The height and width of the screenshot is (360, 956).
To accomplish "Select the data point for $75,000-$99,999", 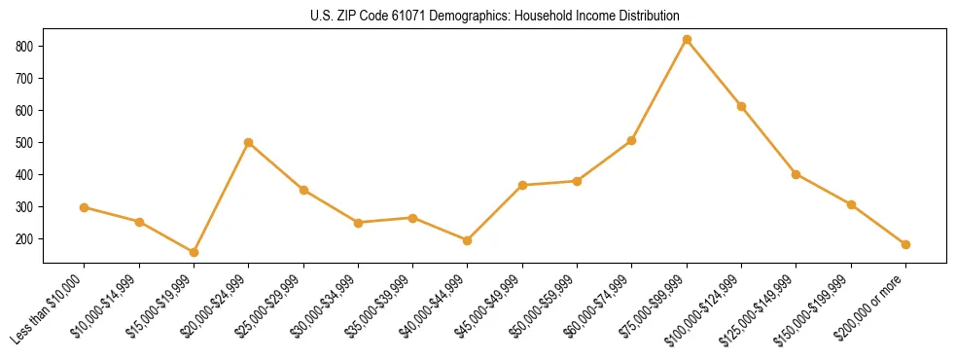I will (687, 40).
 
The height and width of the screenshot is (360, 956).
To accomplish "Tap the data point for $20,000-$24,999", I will (249, 142).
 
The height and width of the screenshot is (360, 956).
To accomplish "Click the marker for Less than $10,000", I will (85, 207).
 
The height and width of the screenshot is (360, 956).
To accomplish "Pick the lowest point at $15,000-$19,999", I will (194, 252).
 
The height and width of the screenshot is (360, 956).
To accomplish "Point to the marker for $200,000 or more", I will (905, 244).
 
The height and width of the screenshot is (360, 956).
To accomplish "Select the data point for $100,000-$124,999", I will (741, 106).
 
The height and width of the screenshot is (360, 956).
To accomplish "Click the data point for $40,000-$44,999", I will (468, 240).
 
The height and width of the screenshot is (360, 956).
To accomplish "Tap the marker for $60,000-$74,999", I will (632, 140).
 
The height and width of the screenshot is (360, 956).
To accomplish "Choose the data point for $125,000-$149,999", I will (797, 174).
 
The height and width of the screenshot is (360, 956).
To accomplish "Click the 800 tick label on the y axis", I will (25, 46).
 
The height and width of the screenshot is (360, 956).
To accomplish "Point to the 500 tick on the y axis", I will (25, 142).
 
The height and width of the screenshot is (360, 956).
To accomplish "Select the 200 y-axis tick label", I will (25, 238).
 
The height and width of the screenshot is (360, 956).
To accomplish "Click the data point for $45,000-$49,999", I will (522, 185).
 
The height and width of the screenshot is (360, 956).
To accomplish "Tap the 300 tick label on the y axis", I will (25, 206).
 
